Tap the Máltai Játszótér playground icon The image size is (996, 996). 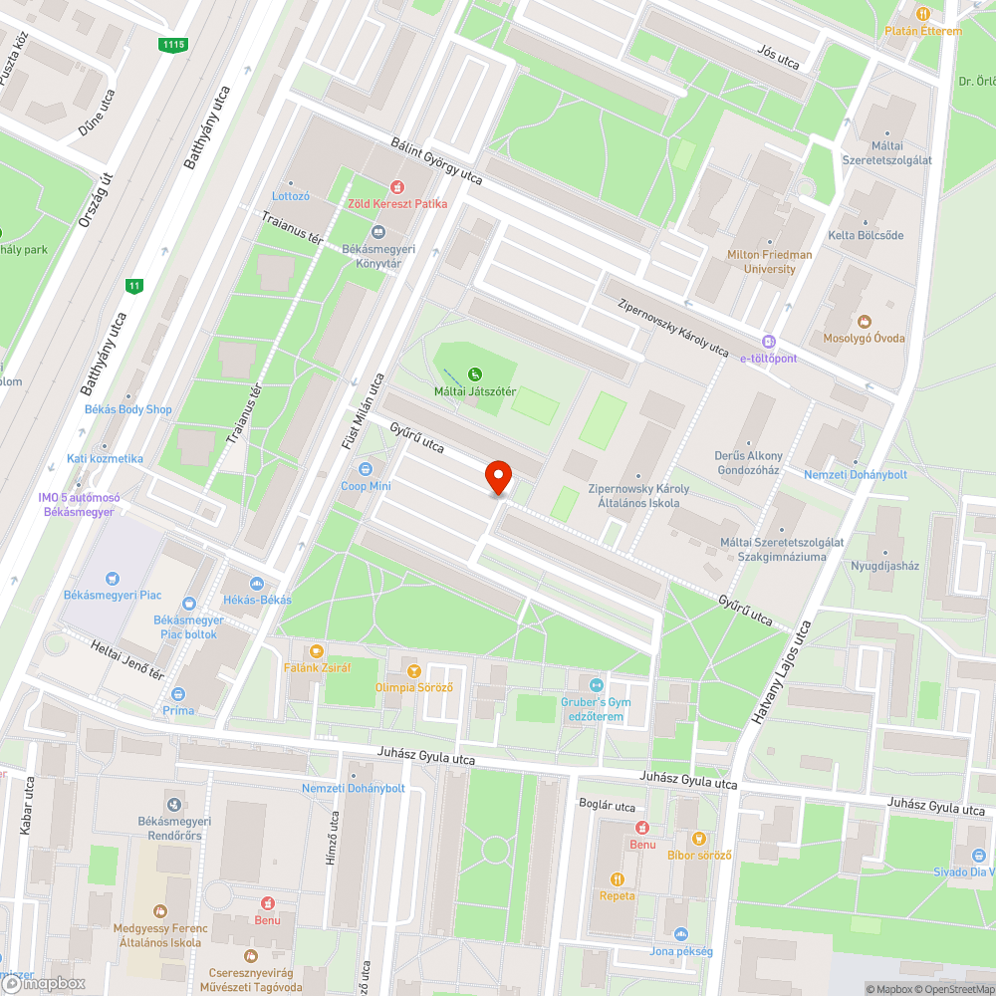[475, 374]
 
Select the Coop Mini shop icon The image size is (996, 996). [366, 469]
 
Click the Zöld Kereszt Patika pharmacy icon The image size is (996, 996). [396, 186]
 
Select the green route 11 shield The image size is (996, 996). [133, 286]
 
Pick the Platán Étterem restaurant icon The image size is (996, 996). [923, 14]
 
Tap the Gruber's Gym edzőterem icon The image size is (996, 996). [596, 685]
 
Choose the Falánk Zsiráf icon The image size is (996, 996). [317, 650]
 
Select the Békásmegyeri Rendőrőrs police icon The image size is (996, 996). [175, 804]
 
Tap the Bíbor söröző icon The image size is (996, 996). [699, 839]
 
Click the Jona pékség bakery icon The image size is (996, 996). [680, 934]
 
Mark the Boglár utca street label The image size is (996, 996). [607, 805]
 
